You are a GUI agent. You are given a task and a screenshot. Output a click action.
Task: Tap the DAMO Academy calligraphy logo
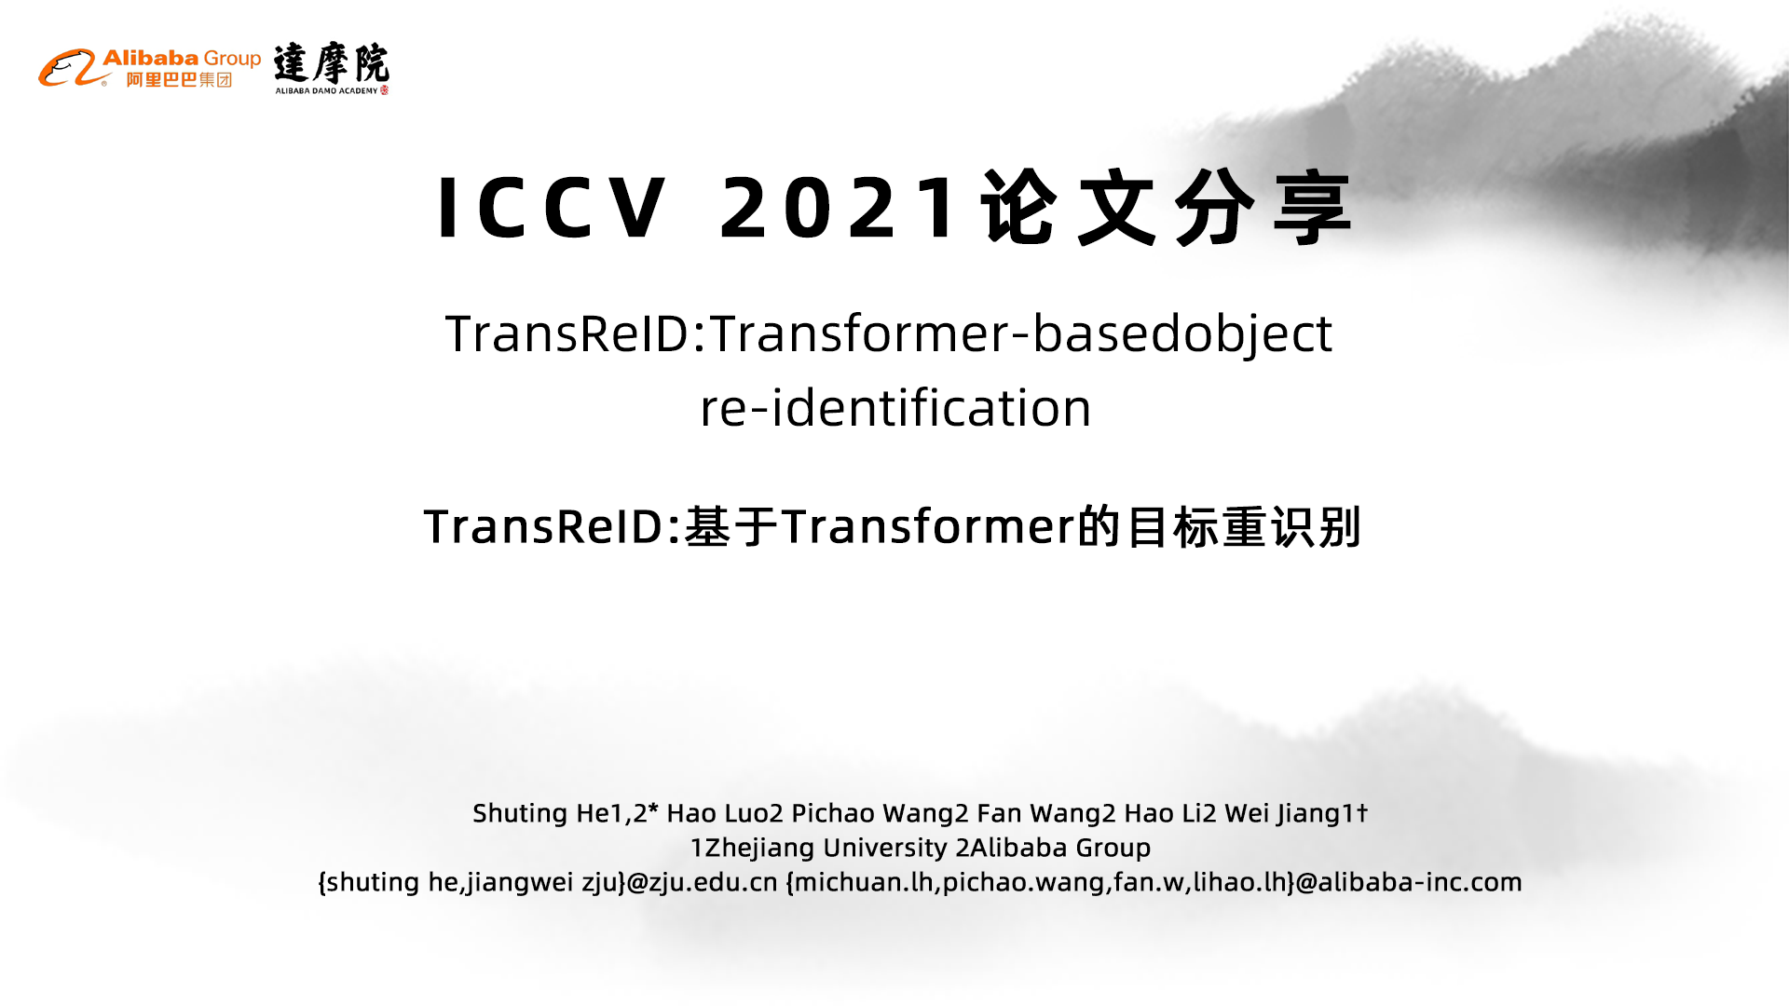pos(332,68)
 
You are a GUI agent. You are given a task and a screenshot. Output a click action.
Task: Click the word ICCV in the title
pos(552,208)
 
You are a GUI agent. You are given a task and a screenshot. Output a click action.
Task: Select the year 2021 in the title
pos(839,208)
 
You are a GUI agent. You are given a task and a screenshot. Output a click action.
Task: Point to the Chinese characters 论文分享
pos(1167,208)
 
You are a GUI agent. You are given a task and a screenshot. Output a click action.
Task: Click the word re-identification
pos(895,408)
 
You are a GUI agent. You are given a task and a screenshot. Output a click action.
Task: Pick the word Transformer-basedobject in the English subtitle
pos(1021,333)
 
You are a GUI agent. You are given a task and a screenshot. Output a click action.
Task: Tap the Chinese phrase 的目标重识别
pos(1220,526)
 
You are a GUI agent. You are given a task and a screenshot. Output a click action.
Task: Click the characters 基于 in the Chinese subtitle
pos(731,526)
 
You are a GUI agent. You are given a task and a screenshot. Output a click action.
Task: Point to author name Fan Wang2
pos(1046,814)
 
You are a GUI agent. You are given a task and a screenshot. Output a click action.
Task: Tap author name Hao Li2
pos(1170,813)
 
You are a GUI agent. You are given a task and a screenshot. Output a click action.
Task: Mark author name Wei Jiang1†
pos(1296,814)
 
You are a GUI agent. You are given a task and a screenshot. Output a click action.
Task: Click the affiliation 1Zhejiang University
pos(819,848)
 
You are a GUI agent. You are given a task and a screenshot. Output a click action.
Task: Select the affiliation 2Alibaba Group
pos(1053,848)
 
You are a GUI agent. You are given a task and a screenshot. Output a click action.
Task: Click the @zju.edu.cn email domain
pos(702,882)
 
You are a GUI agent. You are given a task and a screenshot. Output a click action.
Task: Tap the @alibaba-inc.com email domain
pos(1409,882)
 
